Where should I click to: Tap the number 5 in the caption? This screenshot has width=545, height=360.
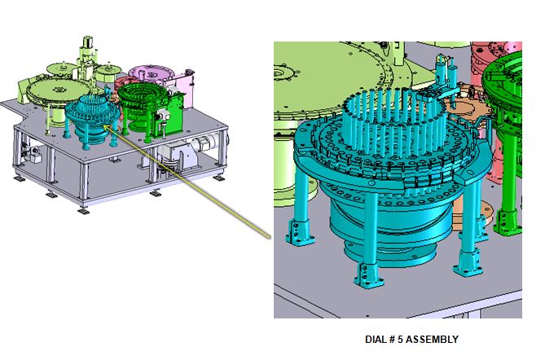pyautogui.click(x=400, y=339)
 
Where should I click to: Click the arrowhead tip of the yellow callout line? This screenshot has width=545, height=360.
pyautogui.click(x=104, y=127)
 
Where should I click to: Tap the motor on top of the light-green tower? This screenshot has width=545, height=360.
pyautogui.click(x=87, y=42)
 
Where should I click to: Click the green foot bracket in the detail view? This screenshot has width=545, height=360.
pyautogui.click(x=508, y=222)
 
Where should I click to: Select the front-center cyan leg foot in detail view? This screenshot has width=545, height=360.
pyautogui.click(x=368, y=275)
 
